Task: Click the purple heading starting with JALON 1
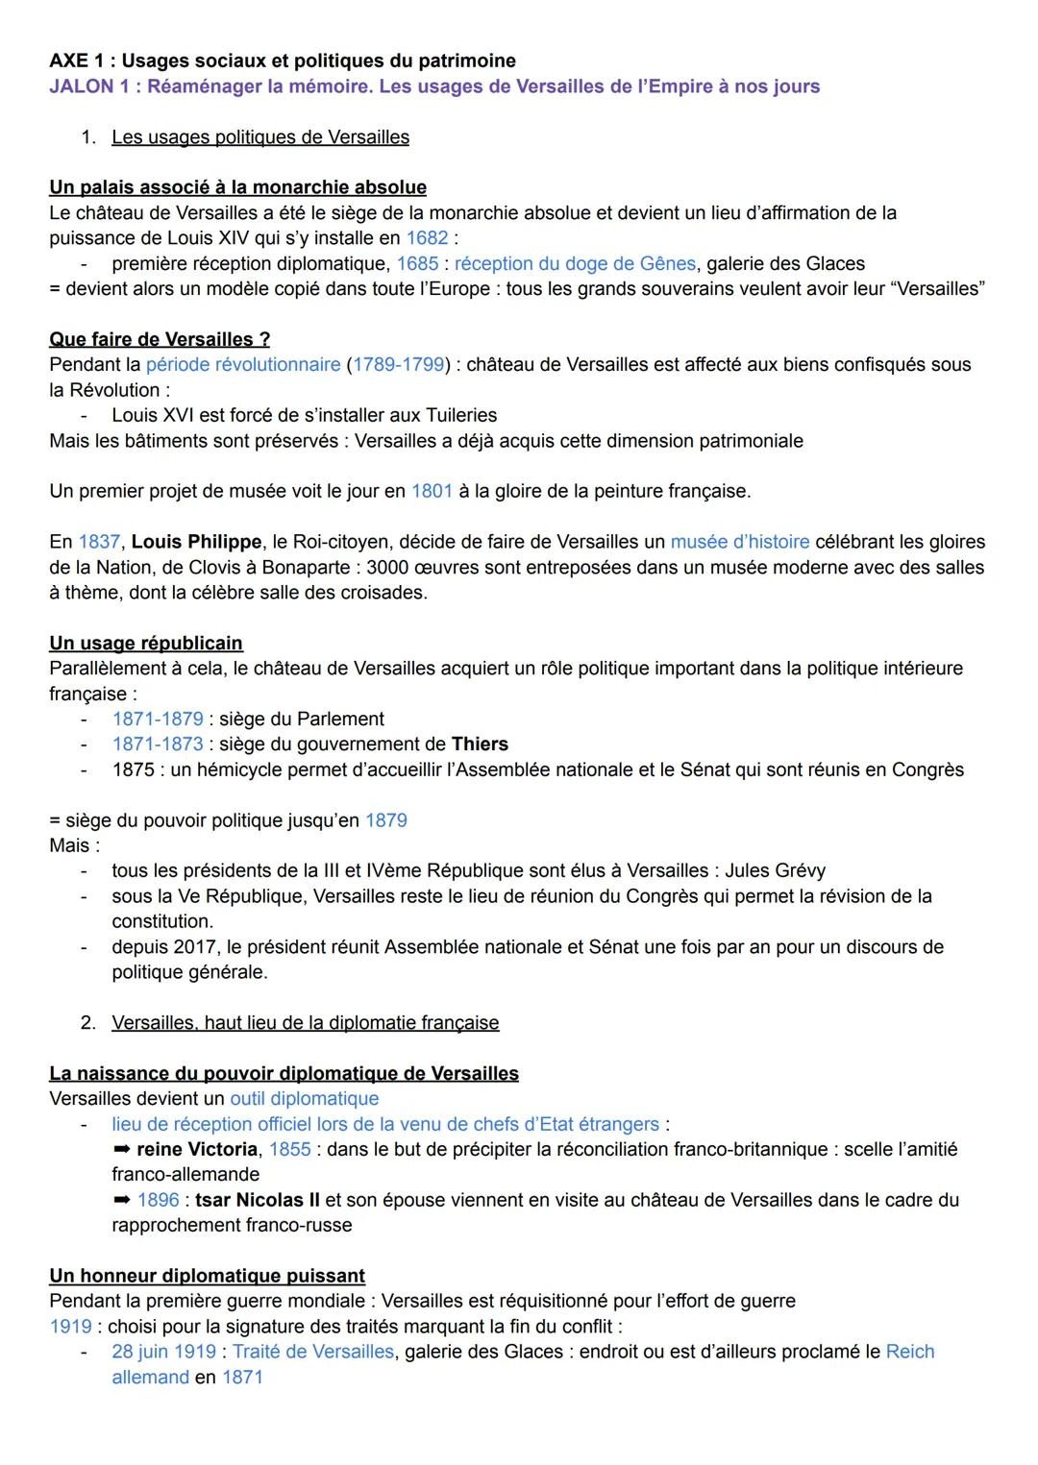tap(434, 86)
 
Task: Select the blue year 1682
tap(427, 237)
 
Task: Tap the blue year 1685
tap(417, 263)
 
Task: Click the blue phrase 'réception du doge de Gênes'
tap(575, 263)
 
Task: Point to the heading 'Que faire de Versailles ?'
tap(160, 339)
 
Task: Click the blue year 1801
tap(432, 491)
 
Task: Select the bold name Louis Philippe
tap(196, 542)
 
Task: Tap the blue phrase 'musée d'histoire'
tap(740, 542)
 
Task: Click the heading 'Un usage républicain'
tap(146, 643)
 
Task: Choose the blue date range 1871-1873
tap(158, 745)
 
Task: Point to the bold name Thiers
tap(480, 745)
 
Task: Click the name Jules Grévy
tap(775, 871)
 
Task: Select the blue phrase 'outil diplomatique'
tap(305, 1098)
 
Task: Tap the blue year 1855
tap(289, 1150)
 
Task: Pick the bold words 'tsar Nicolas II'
tap(258, 1200)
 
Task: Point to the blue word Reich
tap(909, 1352)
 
